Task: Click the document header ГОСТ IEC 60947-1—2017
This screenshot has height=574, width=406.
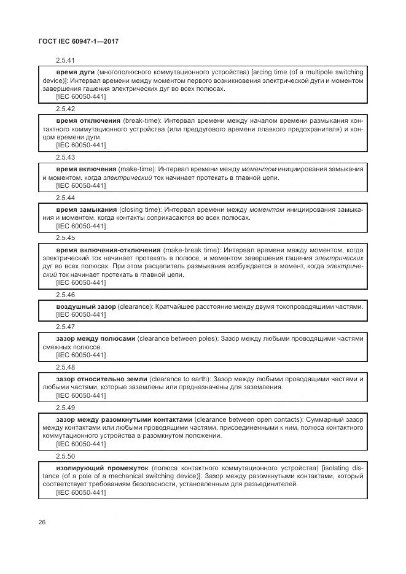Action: point(79,41)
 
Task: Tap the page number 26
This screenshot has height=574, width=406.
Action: point(42,522)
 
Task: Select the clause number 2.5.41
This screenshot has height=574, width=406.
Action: point(65,61)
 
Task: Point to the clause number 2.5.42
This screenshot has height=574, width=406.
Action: point(65,109)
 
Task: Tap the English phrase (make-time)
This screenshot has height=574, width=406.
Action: point(138,169)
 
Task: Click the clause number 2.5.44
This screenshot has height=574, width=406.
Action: point(65,198)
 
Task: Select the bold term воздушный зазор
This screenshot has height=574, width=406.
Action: point(84,306)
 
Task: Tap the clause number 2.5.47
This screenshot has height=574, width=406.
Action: point(65,327)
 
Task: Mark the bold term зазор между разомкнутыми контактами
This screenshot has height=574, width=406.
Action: point(124,419)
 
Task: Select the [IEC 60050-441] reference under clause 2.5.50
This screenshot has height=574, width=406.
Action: point(80,492)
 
